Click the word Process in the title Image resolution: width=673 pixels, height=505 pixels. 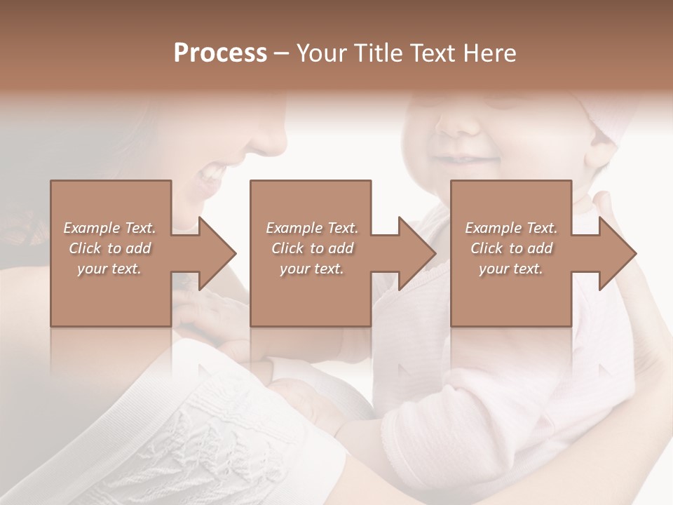pos(220,53)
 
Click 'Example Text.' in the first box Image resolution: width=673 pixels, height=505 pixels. pos(109,228)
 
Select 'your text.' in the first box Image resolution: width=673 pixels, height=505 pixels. pos(109,269)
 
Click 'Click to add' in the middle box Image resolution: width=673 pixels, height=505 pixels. pos(312,248)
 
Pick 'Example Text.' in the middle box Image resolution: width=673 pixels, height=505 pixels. pos(312,228)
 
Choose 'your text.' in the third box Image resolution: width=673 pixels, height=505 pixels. pos(511,269)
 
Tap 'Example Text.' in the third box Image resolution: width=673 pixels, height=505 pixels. pos(511,228)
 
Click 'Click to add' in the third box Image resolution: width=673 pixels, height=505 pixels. pos(511,248)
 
